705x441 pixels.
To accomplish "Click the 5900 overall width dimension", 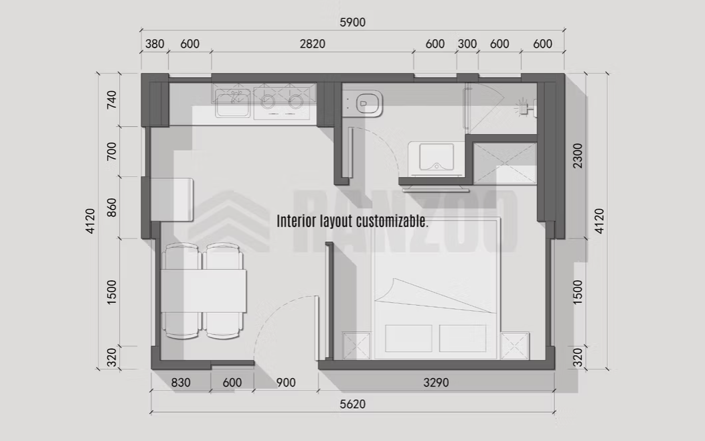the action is click(352, 22).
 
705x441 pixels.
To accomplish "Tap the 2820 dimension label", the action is click(313, 44).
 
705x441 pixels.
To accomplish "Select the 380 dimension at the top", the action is click(155, 44).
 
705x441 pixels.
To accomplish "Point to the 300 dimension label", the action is click(467, 44).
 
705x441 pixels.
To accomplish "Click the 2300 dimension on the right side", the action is click(578, 155).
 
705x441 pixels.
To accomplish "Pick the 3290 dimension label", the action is click(436, 383).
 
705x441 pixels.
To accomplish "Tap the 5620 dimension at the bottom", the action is click(352, 404).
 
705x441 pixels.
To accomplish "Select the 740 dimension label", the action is click(112, 99).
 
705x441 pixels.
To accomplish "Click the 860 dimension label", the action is click(112, 208).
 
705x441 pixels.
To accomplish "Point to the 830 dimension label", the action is click(181, 383).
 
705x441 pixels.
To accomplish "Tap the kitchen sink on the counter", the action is click(232, 103).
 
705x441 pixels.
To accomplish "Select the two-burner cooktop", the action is click(282, 103).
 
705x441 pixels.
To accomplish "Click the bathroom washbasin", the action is click(436, 157).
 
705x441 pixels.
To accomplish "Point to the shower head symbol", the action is click(522, 107).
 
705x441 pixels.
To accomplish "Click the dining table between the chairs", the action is click(204, 291).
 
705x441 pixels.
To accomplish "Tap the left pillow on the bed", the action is click(408, 338).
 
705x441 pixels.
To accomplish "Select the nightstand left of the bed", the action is click(357, 346).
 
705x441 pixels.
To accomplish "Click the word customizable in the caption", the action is click(392, 221).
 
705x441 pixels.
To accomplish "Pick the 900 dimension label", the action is click(286, 383).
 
